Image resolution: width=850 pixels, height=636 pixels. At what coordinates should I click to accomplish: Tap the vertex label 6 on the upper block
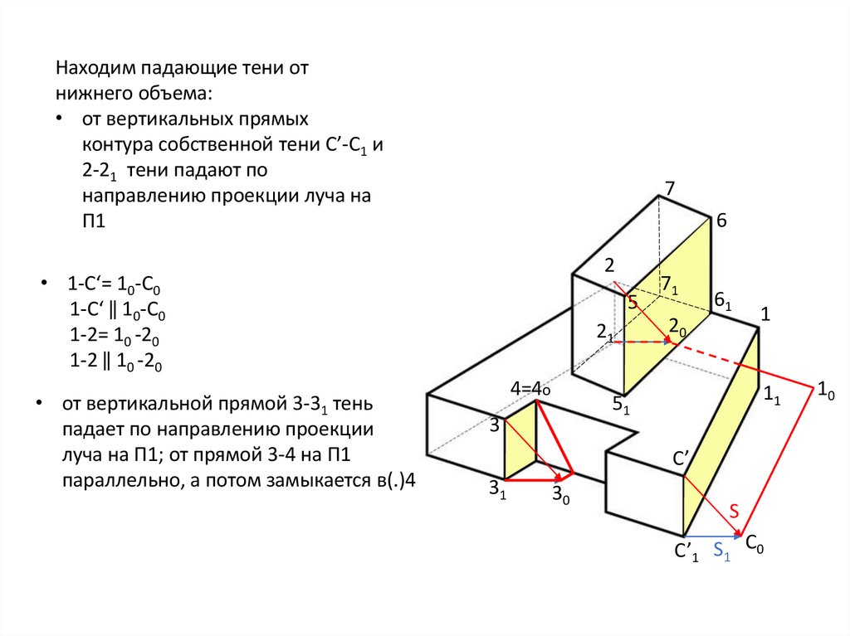[721, 221]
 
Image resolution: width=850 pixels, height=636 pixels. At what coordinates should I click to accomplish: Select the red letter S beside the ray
[735, 512]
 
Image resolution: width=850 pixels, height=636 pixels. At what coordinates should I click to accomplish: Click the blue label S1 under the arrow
[722, 550]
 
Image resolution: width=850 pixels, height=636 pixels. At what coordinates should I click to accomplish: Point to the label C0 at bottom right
[755, 544]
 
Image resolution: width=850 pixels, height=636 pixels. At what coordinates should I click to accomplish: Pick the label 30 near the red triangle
[561, 495]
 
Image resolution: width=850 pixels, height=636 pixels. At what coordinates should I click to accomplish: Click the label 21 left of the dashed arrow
[604, 332]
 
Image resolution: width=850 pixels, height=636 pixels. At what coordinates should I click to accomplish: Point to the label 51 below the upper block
[621, 406]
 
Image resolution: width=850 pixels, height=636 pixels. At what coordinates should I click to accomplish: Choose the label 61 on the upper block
[723, 302]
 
